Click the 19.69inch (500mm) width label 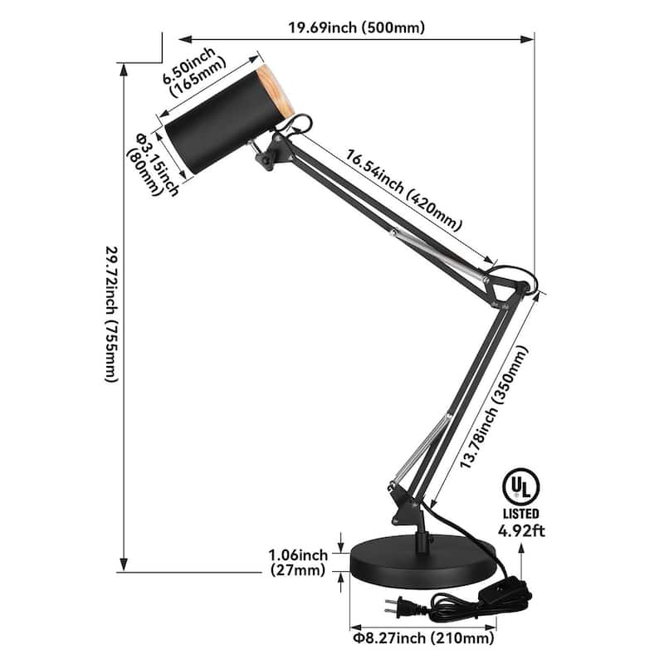point(356,27)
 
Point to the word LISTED point(520,515)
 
